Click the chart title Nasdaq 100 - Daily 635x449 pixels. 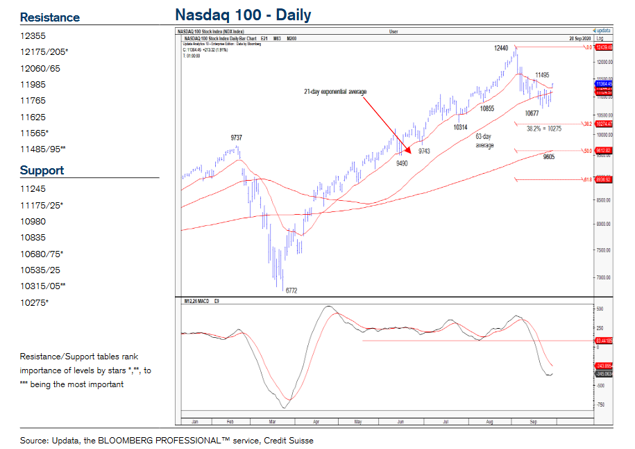click(243, 15)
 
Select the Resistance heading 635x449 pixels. click(49, 17)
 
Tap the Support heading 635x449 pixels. click(42, 170)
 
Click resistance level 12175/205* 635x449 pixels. click(44, 52)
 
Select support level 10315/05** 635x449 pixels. click(43, 286)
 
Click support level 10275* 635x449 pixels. click(35, 302)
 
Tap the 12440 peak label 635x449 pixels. click(502, 48)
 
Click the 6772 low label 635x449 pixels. click(291, 291)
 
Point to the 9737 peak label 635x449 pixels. click(237, 138)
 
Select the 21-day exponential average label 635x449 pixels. click(335, 92)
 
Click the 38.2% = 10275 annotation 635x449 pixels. click(543, 129)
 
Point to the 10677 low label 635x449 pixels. click(532, 113)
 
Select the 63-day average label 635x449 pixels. click(484, 141)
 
